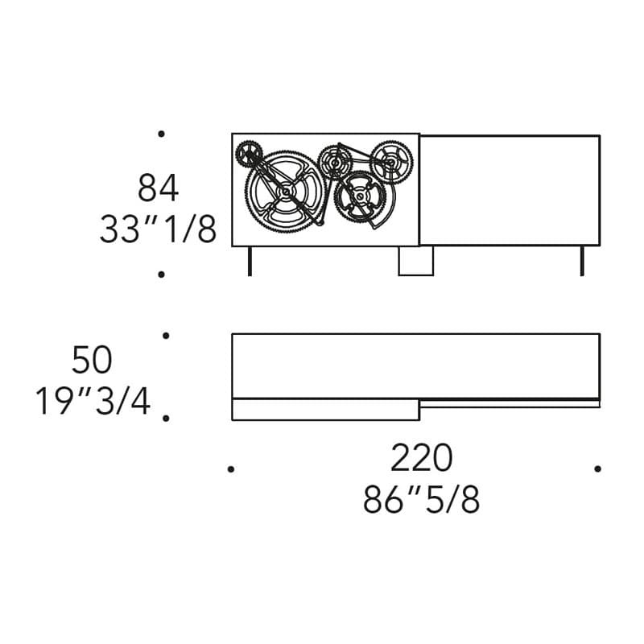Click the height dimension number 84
coord(158,188)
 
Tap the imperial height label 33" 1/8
coord(158,229)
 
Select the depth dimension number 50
coord(92,359)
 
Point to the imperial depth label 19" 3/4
coord(93,401)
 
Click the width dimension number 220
coord(421,457)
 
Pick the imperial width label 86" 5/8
coord(421,499)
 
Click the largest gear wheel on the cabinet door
coord(286,191)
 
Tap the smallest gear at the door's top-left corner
coord(249,154)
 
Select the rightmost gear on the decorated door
coord(391,162)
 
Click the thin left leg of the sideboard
coord(250,261)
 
